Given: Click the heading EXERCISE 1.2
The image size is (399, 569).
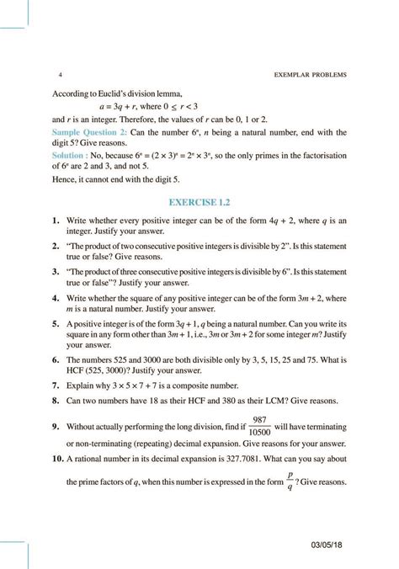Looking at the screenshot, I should click(199, 202).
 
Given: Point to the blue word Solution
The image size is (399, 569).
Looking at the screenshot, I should click(71, 157).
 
